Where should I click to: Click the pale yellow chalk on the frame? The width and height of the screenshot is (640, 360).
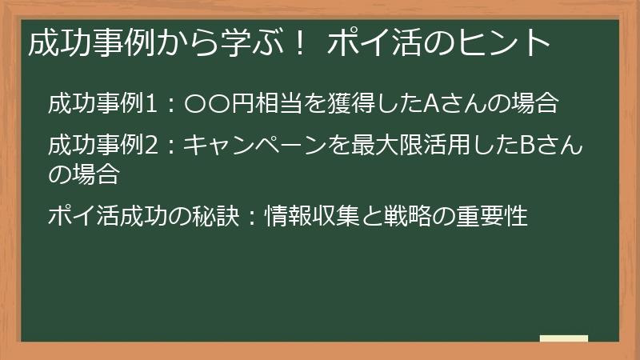(x=563, y=338)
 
